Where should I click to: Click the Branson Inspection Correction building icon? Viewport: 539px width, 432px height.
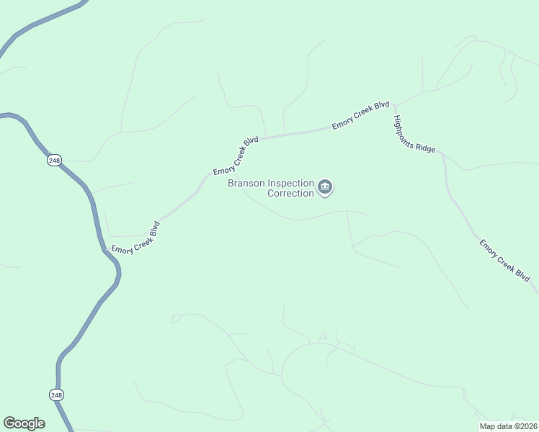(325, 188)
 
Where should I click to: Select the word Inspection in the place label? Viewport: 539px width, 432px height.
(291, 183)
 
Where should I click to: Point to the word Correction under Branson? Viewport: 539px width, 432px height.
(290, 193)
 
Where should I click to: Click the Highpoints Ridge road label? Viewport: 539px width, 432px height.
(414, 133)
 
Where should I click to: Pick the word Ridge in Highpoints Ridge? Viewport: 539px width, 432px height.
(427, 144)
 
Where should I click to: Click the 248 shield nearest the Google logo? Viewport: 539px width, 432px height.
(57, 395)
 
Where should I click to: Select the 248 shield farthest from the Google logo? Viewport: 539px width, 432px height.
(55, 161)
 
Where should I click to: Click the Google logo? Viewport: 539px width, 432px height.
(24, 423)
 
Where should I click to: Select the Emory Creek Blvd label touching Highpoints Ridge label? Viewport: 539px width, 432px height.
(360, 115)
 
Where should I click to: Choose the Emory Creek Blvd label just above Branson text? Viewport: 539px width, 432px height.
(236, 156)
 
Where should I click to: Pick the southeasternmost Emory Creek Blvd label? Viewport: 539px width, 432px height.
(504, 261)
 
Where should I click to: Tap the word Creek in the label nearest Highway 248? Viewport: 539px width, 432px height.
(135, 238)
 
